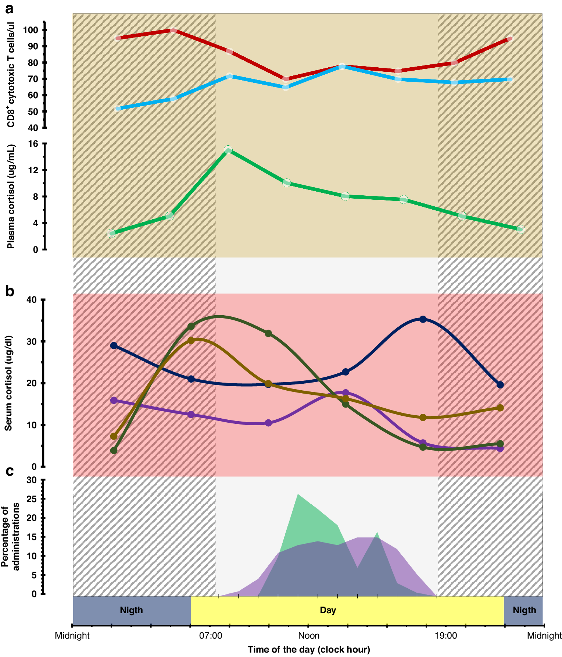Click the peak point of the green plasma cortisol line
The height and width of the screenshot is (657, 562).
pos(228,150)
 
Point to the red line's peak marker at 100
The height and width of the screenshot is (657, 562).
pos(173,30)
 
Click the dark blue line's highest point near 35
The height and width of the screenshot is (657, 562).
pos(423,319)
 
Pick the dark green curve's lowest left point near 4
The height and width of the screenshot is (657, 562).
pos(114,450)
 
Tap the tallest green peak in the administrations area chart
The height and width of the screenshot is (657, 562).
pos(298,494)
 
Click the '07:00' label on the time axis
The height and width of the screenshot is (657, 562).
pos(211,636)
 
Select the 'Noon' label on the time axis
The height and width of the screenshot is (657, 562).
pos(309,636)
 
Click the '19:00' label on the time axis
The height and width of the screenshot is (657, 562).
pos(446,636)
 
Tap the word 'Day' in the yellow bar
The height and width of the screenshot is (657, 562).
pos(328,610)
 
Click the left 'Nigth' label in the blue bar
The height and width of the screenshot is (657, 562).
pos(131,610)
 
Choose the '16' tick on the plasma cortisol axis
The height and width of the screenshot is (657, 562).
pos(33,144)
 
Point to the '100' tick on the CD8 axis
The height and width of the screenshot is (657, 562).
pos(31,30)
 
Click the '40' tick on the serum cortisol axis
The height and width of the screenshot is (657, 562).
pos(32,300)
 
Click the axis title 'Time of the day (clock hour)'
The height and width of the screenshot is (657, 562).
pos(309,650)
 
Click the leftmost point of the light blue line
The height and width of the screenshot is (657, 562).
pos(118,109)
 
